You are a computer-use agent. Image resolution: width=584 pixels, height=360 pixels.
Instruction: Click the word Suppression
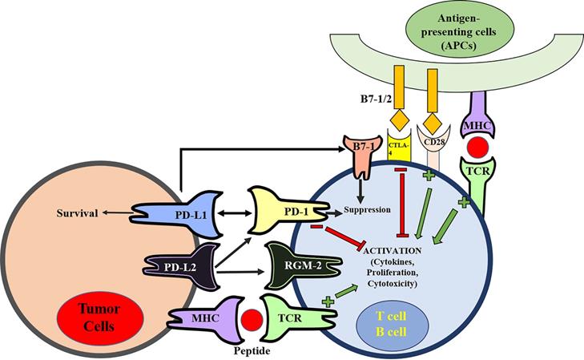click(366, 211)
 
